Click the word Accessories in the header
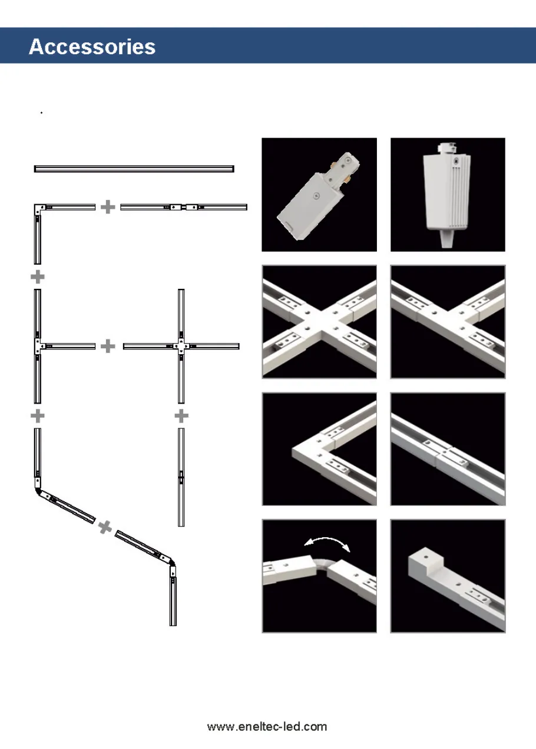coord(92,46)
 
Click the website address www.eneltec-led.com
coord(267,727)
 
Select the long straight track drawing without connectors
coord(134,169)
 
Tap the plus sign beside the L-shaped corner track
coord(107,207)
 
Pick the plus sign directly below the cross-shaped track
coord(181,416)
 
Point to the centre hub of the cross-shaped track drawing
coord(181,346)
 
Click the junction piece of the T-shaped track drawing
coord(38,346)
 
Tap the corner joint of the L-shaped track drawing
coord(39,208)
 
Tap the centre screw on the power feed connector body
coord(316,194)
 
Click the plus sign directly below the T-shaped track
coord(38,416)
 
